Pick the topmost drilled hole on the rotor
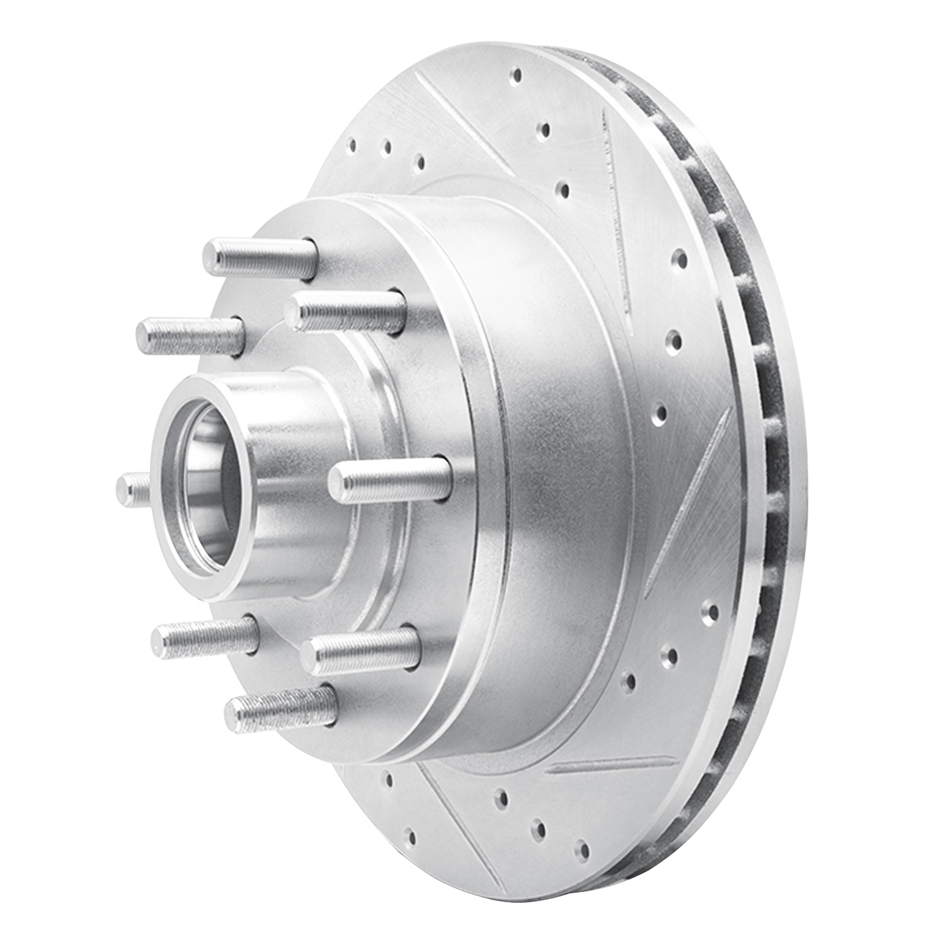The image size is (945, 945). [517, 76]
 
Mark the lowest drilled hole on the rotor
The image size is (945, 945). [583, 851]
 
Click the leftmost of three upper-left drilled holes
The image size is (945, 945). [353, 144]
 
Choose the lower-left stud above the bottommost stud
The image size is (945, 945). [205, 636]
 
